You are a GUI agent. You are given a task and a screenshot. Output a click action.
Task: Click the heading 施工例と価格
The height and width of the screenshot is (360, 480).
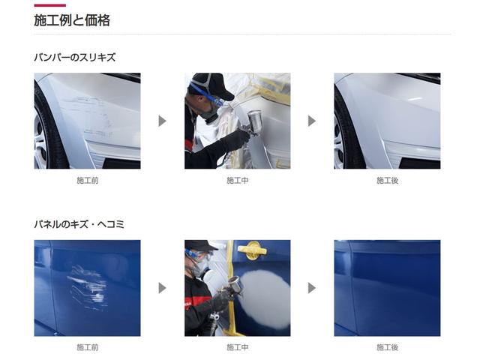click(x=72, y=21)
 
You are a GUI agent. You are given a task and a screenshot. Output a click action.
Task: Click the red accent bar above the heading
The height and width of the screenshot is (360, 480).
click(x=49, y=5)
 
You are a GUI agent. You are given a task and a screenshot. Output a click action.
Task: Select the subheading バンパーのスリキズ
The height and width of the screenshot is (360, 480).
click(x=75, y=57)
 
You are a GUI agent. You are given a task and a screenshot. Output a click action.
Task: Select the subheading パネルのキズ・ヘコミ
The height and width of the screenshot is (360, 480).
click(x=79, y=224)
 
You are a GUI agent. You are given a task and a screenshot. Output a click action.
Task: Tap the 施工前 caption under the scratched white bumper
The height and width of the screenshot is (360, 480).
click(x=87, y=181)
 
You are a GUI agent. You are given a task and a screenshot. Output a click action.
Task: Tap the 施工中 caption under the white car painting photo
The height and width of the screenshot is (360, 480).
click(x=237, y=181)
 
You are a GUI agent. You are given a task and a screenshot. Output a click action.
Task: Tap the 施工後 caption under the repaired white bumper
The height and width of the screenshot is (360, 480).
click(x=387, y=181)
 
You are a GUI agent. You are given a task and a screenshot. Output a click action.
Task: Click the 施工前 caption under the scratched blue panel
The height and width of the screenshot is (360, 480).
click(x=87, y=347)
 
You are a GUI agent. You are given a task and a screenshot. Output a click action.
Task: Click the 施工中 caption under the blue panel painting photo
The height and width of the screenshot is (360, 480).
click(x=237, y=347)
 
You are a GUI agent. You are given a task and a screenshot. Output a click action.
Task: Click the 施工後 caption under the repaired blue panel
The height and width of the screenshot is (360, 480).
click(x=387, y=347)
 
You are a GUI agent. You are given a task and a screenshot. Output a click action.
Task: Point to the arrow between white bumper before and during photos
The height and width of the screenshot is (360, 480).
click(x=162, y=121)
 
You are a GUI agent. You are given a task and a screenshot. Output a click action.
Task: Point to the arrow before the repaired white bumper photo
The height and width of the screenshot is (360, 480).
click(x=312, y=121)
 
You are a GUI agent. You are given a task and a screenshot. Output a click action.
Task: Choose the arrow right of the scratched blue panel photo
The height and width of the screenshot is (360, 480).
click(x=162, y=288)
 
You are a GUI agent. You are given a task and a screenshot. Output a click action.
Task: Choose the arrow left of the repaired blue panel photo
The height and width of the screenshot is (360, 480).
click(x=312, y=288)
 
